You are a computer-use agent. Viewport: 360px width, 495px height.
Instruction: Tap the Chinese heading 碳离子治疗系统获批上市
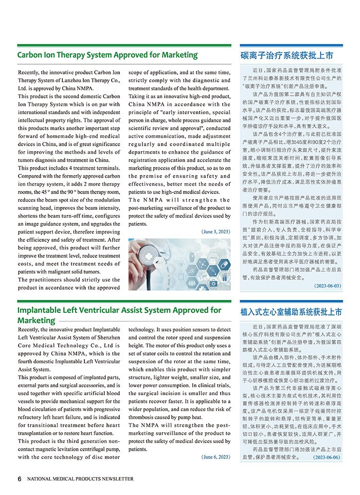(286, 55)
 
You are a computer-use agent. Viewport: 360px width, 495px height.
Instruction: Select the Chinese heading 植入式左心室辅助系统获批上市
(291, 312)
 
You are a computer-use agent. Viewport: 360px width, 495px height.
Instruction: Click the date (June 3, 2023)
(216, 232)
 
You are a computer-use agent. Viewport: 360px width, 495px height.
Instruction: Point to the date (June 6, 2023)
(216, 457)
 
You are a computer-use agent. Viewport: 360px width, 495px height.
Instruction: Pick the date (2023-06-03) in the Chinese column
(327, 286)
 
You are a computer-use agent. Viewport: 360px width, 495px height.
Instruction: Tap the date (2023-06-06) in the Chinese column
(327, 457)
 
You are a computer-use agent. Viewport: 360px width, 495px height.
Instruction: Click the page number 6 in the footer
(20, 479)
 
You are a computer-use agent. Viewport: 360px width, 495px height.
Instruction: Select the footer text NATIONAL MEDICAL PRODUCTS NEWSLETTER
(80, 479)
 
